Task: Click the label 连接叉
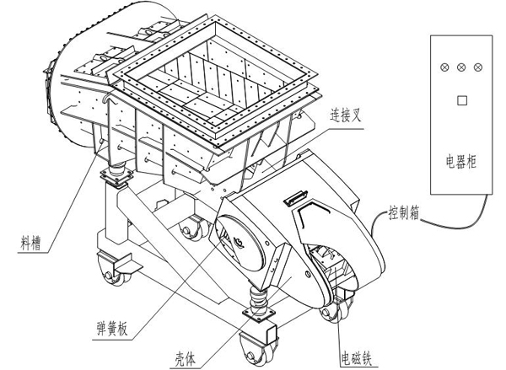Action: [345, 115]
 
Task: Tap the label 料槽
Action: [31, 243]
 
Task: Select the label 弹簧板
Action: [112, 330]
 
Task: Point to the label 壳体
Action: [185, 358]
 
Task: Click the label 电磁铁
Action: [357, 358]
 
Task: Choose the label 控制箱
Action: [404, 213]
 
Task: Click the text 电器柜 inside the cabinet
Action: [461, 161]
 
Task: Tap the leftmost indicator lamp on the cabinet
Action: [444, 67]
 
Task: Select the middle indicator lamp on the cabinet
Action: [461, 67]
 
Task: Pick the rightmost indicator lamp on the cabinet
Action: [478, 67]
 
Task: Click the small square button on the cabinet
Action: [462, 100]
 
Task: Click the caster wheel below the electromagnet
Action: [336, 309]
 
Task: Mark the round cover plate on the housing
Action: [240, 242]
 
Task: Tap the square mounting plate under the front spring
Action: [259, 314]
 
